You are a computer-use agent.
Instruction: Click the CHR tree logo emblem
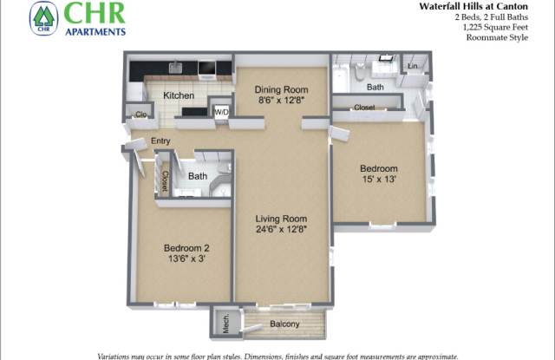coord(43,18)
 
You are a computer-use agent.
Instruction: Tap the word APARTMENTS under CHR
coord(95,31)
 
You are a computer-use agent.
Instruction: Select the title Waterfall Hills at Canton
coord(473,6)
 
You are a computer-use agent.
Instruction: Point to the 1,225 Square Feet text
coord(495,27)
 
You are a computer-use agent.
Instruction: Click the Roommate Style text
coord(497,37)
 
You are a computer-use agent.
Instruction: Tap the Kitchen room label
coord(179,95)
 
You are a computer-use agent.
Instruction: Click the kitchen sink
coord(175,68)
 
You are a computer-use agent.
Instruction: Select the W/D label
coord(222,112)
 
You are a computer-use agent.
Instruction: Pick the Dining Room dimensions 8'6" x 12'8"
coord(281,100)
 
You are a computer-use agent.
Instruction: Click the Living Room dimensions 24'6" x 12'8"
coord(281,229)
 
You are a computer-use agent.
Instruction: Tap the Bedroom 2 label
coord(186,248)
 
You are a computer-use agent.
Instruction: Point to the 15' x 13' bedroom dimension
coord(379,179)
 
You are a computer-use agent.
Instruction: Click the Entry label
coord(160,141)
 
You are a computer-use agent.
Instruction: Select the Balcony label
coord(284,324)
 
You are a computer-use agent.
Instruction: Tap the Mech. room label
coord(225,324)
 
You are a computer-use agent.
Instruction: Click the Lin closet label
coord(413,66)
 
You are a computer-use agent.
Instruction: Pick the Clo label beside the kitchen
coord(140,114)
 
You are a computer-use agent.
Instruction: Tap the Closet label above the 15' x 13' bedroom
coord(364,107)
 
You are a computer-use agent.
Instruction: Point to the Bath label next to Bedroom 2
coord(198,176)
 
